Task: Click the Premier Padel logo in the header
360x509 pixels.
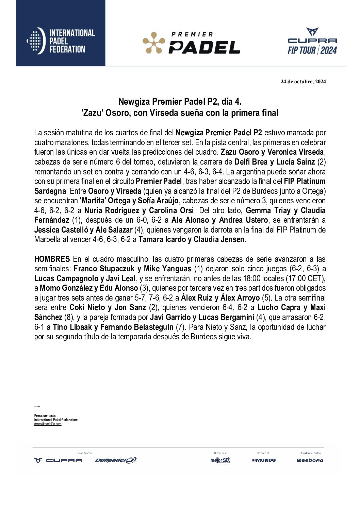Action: pos(191,43)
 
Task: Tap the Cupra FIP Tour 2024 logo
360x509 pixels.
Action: pos(312,41)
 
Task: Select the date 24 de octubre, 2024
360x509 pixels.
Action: pos(303,82)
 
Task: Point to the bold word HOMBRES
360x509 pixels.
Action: pos(52,259)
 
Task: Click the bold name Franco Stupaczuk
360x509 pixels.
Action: pos(104,269)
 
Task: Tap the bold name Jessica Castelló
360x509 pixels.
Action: pos(61,230)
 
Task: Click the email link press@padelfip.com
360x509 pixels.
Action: pos(48,424)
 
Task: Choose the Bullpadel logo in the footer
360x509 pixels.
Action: pos(116,460)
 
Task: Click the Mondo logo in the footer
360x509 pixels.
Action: pos(264,460)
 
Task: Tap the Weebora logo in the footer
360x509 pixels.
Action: pos(310,460)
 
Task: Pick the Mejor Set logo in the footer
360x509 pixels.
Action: pos(220,460)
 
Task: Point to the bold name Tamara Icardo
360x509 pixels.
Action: pos(162,240)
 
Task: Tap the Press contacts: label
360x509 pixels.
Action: pos(45,415)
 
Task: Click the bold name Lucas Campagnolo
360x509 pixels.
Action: pos(66,278)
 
